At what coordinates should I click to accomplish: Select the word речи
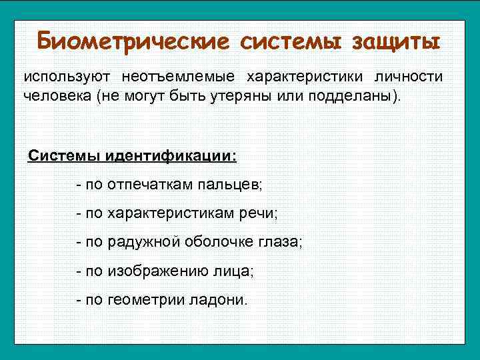pyautogui.click(x=262, y=213)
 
